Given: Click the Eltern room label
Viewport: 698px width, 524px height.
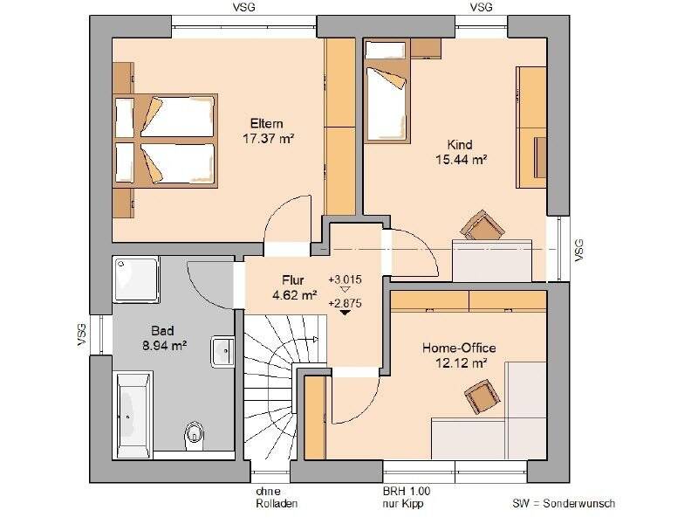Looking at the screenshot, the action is point(267,123).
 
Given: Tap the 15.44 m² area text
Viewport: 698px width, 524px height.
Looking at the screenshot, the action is point(462,160).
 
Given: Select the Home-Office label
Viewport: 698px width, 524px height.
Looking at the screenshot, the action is point(459,348).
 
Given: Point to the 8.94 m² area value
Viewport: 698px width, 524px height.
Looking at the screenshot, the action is point(165,345).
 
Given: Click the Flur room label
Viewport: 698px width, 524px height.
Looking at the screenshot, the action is point(292,280).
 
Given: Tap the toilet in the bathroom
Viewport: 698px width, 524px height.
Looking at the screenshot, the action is point(194,432).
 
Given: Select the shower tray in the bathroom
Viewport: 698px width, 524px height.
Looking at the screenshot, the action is point(136,279).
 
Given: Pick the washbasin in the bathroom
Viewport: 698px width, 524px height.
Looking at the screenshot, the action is point(222,352).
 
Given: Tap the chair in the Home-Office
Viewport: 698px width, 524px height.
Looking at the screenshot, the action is point(482,396).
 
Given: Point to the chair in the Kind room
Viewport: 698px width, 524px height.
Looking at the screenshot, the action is point(482,225).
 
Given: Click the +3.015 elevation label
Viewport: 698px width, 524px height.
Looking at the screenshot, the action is point(345,279).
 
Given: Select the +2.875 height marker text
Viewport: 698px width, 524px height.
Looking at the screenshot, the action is point(345,303).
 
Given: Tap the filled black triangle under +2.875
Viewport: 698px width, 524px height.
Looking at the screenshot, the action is point(345,313).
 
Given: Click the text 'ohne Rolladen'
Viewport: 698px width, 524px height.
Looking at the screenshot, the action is point(277,498).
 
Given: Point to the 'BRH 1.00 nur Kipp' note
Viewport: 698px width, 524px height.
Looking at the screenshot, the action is point(407,498).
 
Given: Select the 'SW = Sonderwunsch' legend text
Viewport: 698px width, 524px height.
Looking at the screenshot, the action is point(564,504).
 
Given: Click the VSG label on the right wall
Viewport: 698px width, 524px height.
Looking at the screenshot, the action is point(578,250).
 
